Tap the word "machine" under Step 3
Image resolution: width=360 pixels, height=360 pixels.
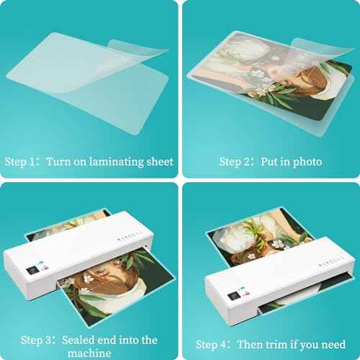[91, 353]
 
